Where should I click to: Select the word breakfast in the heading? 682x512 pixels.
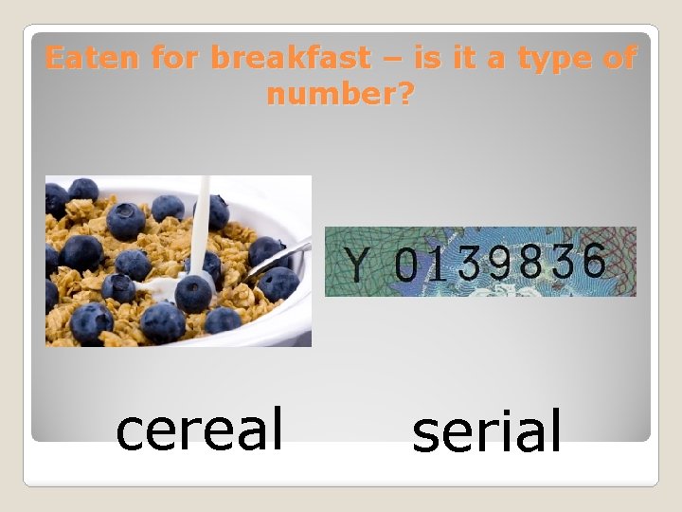point(290,59)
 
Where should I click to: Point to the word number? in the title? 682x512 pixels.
point(340,95)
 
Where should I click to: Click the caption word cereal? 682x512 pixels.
point(199,429)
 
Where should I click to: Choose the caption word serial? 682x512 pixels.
point(487,431)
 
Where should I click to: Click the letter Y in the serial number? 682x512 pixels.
point(355,265)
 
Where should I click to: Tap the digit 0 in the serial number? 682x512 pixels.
point(405,265)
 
